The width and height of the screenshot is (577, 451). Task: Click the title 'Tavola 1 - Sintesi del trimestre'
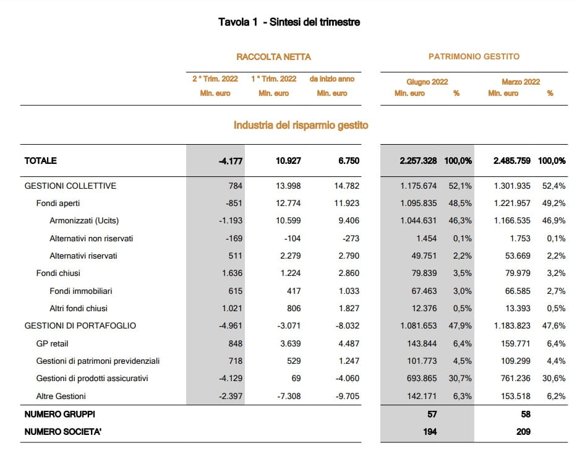point(289,22)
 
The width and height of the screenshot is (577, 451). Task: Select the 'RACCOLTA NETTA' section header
point(273,57)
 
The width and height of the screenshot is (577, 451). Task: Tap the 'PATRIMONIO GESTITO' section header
point(474,56)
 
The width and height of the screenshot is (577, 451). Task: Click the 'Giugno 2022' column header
point(427,82)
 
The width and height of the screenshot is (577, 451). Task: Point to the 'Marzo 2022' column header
point(521,82)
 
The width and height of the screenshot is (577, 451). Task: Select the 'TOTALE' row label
point(40,161)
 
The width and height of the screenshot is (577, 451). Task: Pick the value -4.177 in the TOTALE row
point(230,161)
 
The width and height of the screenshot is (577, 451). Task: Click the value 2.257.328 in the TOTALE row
point(418,161)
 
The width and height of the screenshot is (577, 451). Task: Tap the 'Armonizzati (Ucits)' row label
point(84,221)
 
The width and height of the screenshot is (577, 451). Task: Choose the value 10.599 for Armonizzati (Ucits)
point(288,221)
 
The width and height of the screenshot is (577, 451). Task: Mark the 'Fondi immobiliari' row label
point(80,291)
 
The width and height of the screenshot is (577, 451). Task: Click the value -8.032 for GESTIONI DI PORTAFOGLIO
point(344,325)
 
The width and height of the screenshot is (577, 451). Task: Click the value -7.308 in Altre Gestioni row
point(287,396)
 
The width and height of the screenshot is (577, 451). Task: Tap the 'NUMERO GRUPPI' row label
point(59,414)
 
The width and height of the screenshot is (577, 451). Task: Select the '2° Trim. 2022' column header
point(215,79)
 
